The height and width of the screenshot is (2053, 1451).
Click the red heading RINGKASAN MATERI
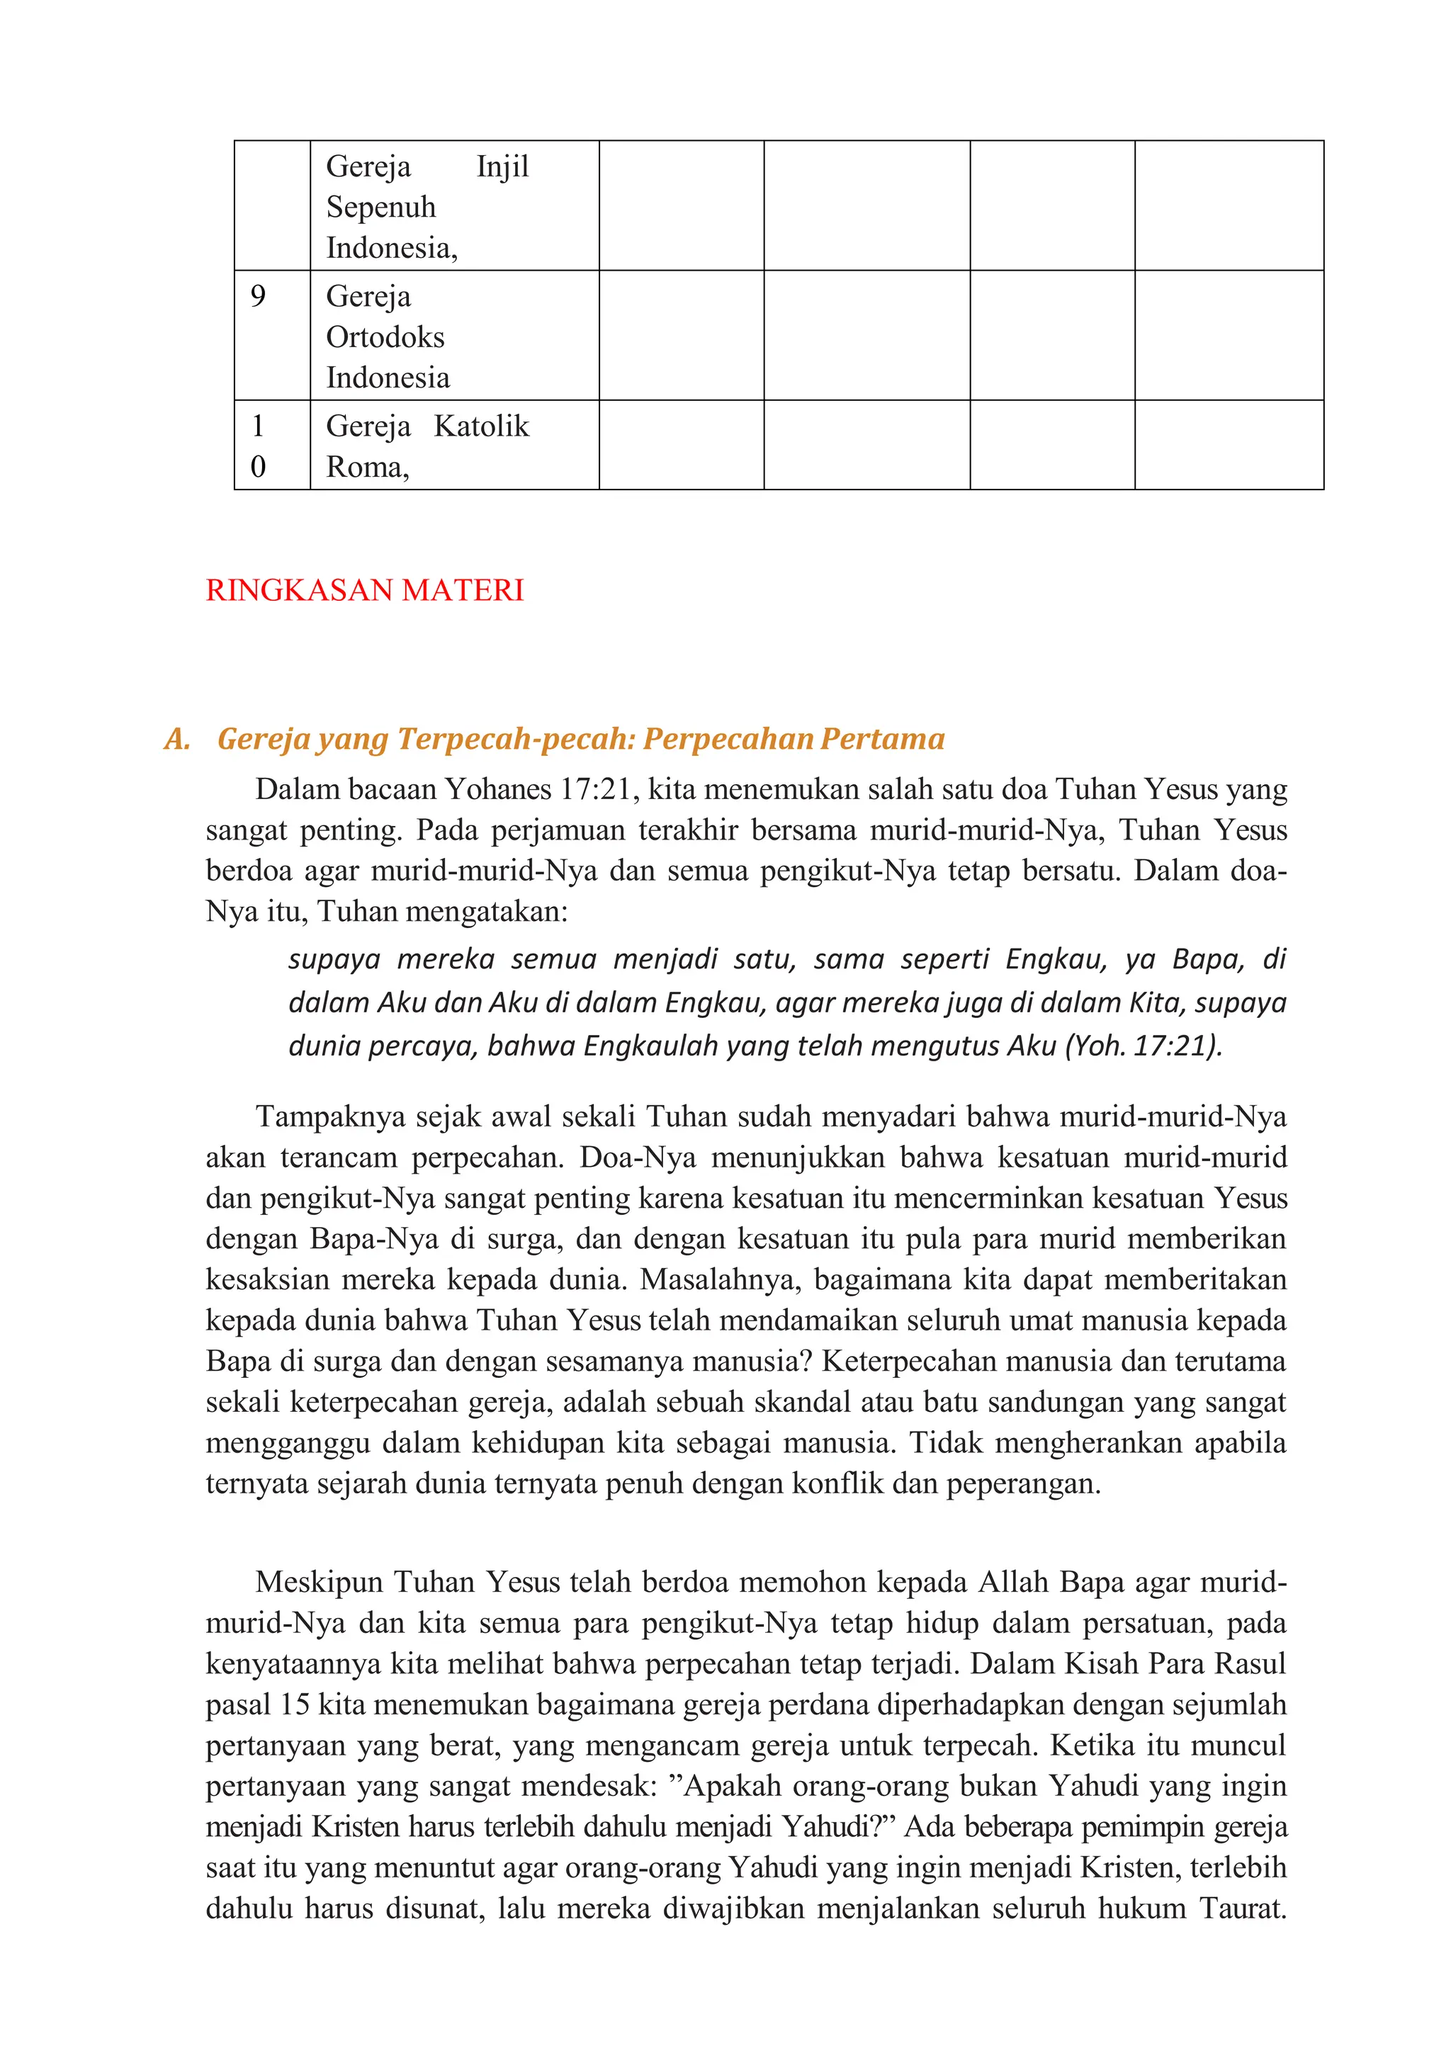pyautogui.click(x=364, y=590)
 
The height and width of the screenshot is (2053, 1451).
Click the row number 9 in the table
pyautogui.click(x=257, y=296)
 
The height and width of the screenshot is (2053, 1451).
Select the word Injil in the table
pyautogui.click(x=502, y=166)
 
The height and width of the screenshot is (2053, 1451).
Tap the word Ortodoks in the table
pyautogui.click(x=385, y=337)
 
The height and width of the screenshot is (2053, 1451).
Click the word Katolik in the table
pyautogui.click(x=481, y=426)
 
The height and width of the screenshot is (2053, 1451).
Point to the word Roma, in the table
pyautogui.click(x=368, y=467)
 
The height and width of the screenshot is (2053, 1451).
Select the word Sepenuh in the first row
pyautogui.click(x=381, y=208)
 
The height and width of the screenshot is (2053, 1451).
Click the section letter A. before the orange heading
pyautogui.click(x=177, y=739)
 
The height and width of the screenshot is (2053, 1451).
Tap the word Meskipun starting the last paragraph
pyautogui.click(x=318, y=1582)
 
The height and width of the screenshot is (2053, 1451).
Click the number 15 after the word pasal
pyautogui.click(x=295, y=1704)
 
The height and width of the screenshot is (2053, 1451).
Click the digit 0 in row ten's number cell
pyautogui.click(x=257, y=467)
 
